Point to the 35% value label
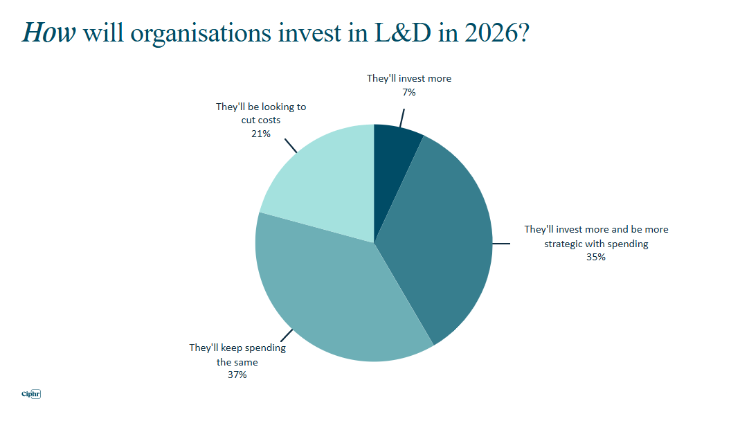tap(596, 257)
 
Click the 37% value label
tap(237, 375)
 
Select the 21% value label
tap(260, 133)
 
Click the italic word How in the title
tap(48, 33)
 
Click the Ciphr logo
tap(32, 395)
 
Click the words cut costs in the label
tap(261, 120)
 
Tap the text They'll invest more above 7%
tap(408, 79)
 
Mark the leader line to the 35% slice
tap(501, 243)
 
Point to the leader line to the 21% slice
tap(291, 145)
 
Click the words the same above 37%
tap(237, 362)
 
